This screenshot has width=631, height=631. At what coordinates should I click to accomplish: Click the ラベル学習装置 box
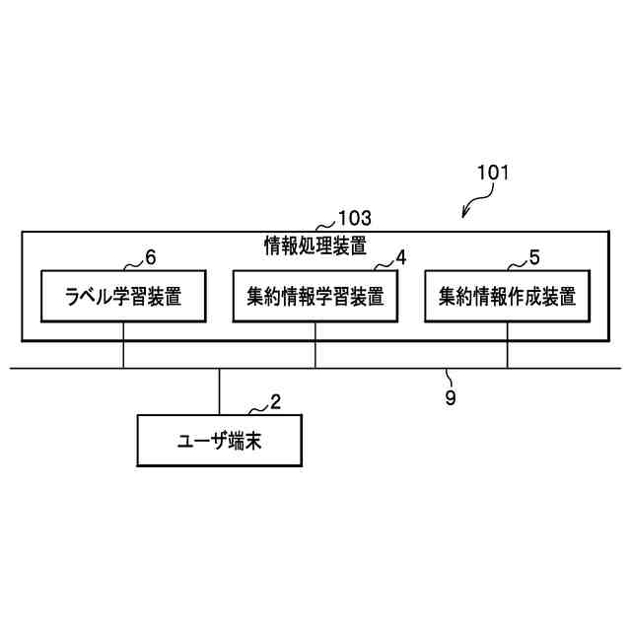[x=123, y=295]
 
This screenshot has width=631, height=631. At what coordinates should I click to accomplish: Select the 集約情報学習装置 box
[x=315, y=295]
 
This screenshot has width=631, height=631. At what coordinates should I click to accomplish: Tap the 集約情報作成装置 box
[x=507, y=295]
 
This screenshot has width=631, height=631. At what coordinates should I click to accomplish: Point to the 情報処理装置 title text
[x=315, y=244]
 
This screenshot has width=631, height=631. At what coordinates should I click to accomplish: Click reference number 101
[x=492, y=173]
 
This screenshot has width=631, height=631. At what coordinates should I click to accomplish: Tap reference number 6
[x=150, y=257]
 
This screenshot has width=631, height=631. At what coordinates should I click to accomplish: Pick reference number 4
[x=400, y=257]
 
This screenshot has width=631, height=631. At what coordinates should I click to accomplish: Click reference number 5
[x=533, y=257]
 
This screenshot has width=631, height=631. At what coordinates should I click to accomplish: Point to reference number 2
[x=275, y=402]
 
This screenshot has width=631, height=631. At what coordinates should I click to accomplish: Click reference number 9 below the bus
[x=452, y=399]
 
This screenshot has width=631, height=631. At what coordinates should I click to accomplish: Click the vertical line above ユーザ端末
[x=219, y=391]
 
